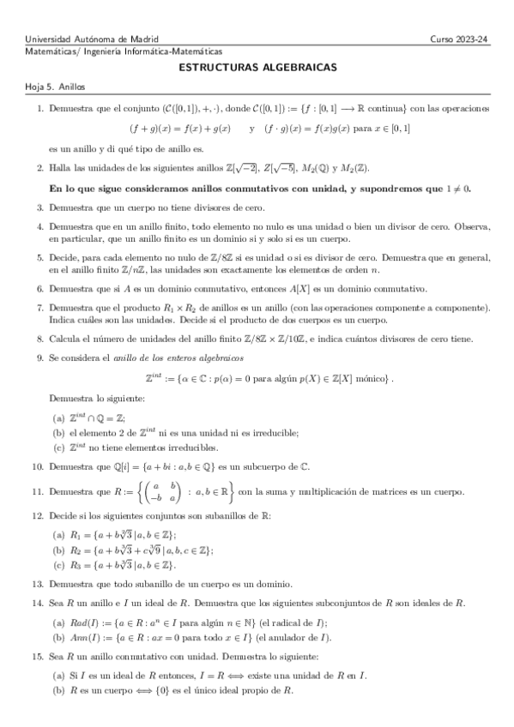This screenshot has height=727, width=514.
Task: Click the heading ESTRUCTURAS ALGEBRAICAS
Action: (x=257, y=66)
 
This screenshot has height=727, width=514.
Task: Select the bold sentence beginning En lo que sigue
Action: (x=260, y=188)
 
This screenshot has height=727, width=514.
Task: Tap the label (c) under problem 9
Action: (x=58, y=447)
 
